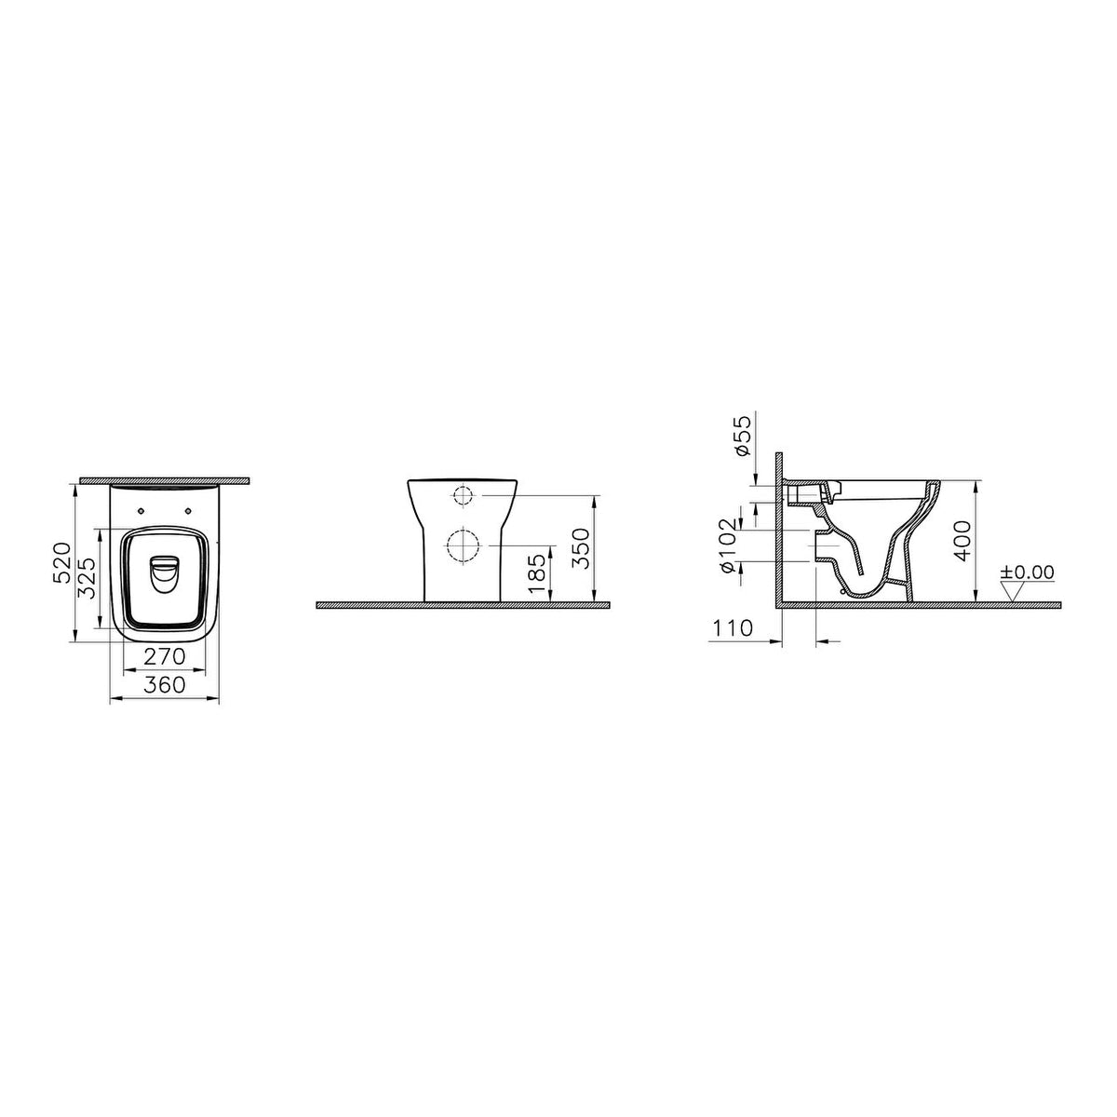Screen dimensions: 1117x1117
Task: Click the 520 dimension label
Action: click(x=61, y=561)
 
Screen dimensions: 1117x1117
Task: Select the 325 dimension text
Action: click(x=87, y=578)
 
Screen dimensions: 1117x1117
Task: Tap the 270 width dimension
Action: click(x=164, y=657)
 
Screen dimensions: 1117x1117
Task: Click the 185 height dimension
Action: click(x=537, y=574)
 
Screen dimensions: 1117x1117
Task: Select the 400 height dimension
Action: click(x=962, y=540)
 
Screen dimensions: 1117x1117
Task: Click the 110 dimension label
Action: click(x=732, y=627)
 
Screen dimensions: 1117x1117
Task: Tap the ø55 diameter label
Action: click(x=743, y=436)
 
